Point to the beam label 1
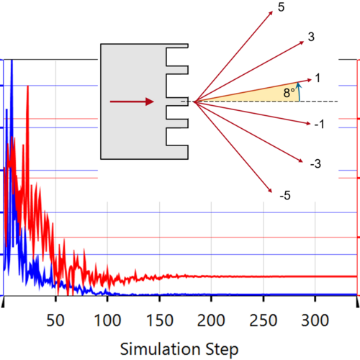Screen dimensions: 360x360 coord(318,77)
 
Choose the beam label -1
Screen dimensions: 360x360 coord(319,124)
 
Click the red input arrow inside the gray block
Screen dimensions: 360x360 coord(132,102)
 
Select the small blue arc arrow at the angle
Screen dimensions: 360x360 coord(299,91)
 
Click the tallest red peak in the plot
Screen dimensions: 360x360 coord(27,87)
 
